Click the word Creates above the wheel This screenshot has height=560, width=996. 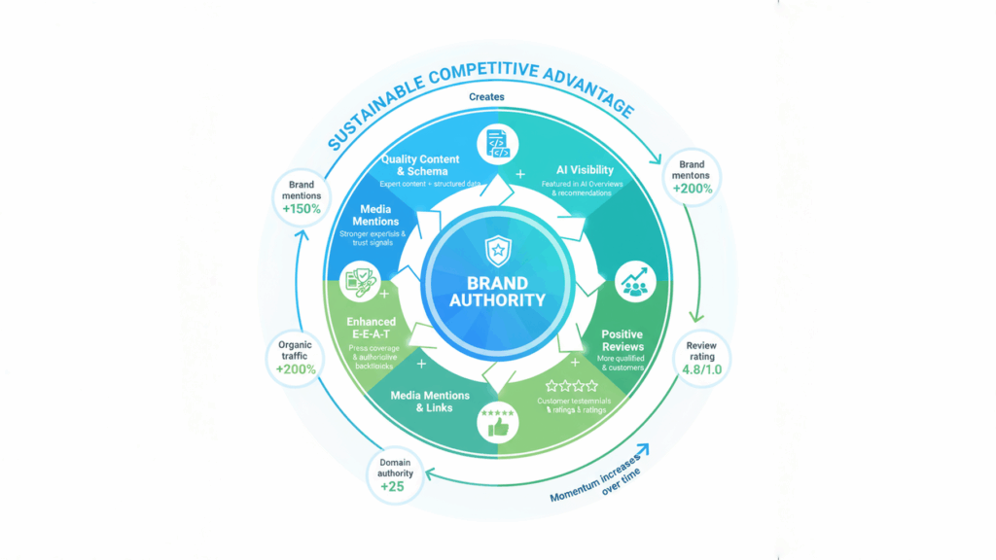(x=486, y=97)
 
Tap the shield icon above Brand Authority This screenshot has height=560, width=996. (x=498, y=252)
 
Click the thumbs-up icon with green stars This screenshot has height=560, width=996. (x=497, y=424)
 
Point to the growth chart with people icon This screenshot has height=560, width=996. (x=636, y=280)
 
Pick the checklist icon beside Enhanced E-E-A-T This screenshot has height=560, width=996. (x=359, y=282)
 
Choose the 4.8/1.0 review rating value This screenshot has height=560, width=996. (x=700, y=369)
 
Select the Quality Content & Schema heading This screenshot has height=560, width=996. (x=420, y=165)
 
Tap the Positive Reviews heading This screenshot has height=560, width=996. (x=622, y=341)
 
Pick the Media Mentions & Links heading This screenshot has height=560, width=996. (x=430, y=402)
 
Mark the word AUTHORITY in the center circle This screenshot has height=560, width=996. (x=498, y=300)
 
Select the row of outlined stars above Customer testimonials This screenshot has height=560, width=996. (x=571, y=386)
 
